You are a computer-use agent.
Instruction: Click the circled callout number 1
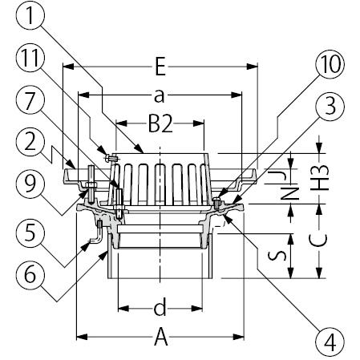[x=30, y=14]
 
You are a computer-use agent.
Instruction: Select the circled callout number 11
[x=30, y=58]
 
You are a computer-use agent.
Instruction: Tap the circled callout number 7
[x=30, y=100]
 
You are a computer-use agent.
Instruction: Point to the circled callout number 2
[x=30, y=142]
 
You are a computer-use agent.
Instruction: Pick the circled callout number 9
[x=30, y=184]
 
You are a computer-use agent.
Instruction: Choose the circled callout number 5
[x=30, y=233]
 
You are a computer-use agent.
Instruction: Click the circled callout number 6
[x=30, y=274]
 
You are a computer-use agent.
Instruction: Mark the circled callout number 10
[x=330, y=64]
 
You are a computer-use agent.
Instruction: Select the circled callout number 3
[x=330, y=107]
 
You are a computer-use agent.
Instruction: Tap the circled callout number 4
[x=330, y=342]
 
